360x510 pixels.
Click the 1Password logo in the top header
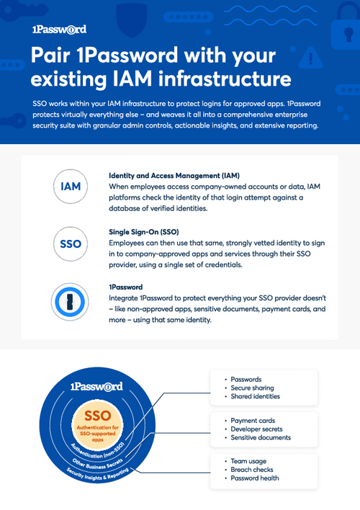click(59, 30)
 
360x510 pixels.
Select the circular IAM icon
click(71, 187)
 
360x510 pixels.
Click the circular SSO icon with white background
click(71, 244)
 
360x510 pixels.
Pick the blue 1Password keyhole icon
click(71, 300)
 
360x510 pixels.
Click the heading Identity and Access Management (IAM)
click(174, 176)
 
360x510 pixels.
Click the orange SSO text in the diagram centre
click(97, 416)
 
